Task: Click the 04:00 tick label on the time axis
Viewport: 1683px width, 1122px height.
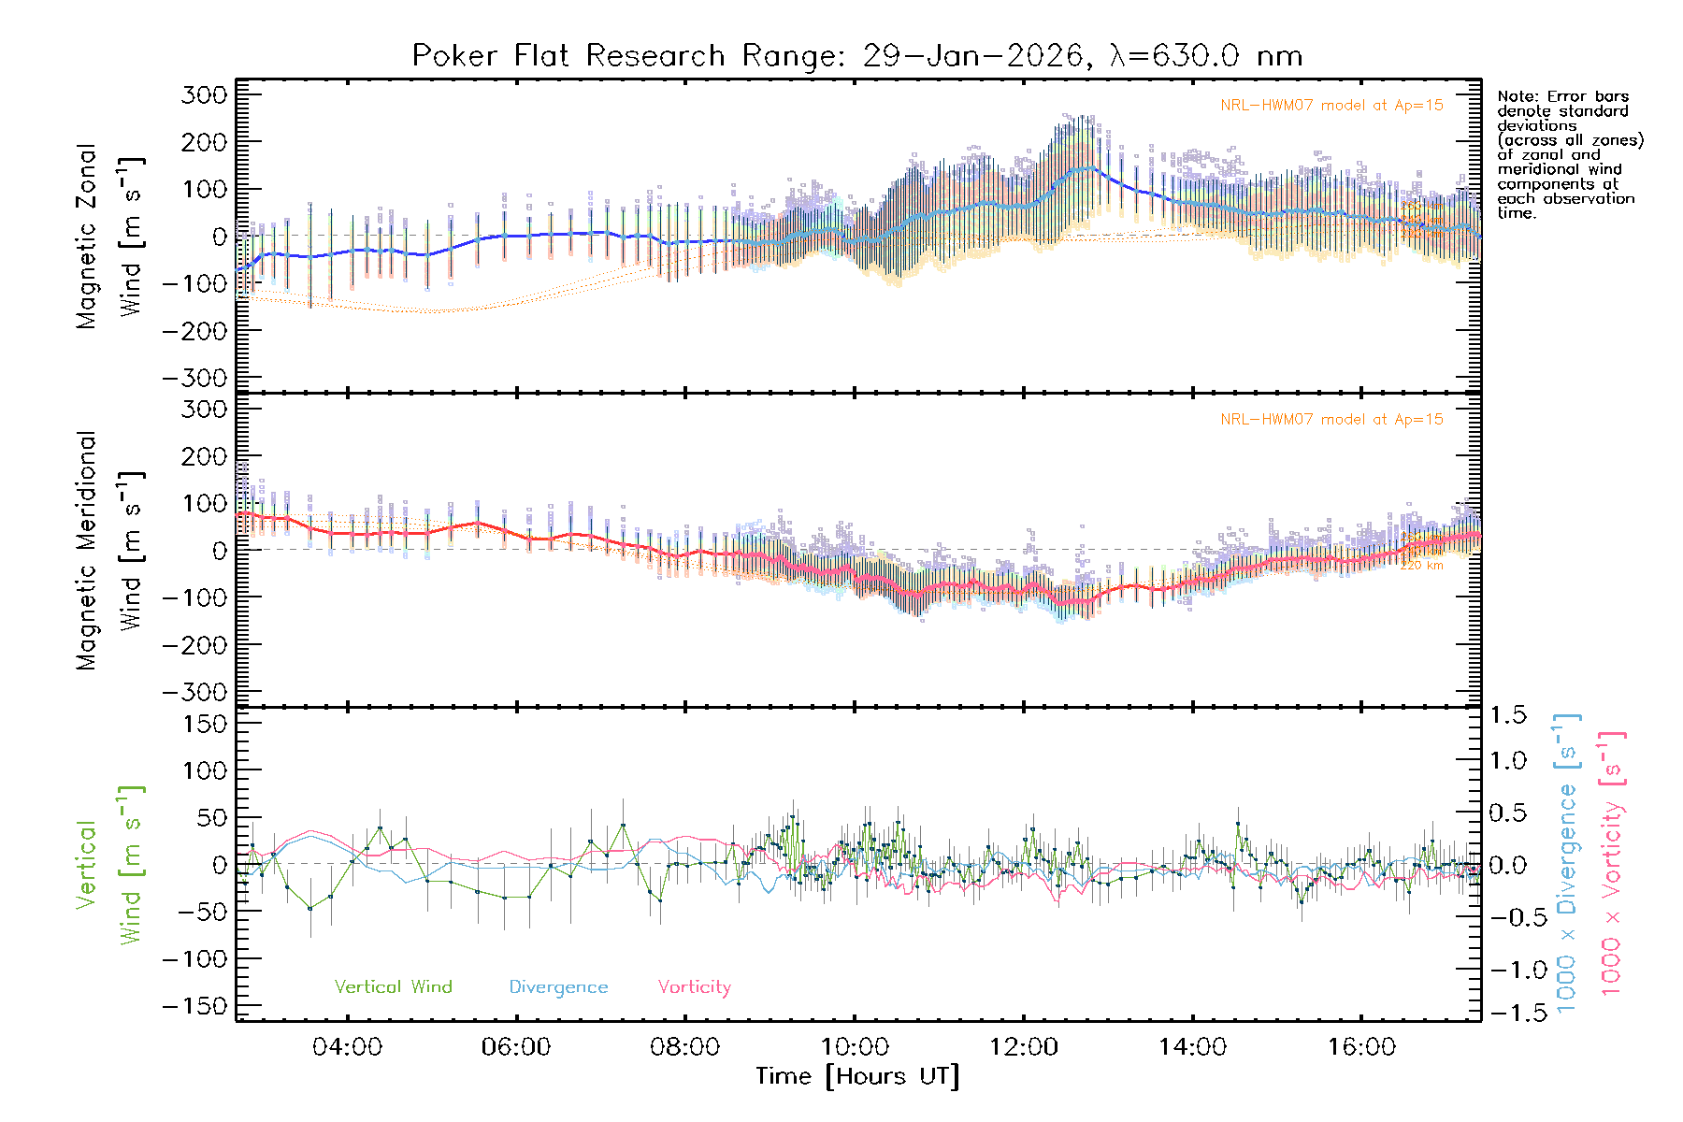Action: tap(347, 1047)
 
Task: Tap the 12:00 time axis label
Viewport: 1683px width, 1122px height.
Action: tap(1024, 1047)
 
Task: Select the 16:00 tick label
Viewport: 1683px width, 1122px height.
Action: tap(1361, 1047)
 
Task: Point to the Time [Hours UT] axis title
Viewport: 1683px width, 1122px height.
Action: tap(857, 1076)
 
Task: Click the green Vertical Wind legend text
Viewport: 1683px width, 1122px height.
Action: tap(393, 986)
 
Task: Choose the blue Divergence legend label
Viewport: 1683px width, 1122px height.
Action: tap(558, 986)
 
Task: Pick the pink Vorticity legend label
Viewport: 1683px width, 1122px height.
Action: tap(694, 986)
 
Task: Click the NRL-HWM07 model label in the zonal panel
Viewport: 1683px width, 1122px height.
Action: tap(1331, 106)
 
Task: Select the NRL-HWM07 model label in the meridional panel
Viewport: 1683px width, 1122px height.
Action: tap(1331, 420)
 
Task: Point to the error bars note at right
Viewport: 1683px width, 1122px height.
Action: tap(1569, 154)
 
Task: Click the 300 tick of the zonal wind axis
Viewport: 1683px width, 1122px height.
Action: tap(204, 94)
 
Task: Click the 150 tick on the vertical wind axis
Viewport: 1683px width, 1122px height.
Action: tap(204, 724)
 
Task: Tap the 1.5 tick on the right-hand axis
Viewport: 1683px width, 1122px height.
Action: tap(1508, 715)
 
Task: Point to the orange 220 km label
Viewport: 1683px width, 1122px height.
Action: tap(1421, 566)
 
